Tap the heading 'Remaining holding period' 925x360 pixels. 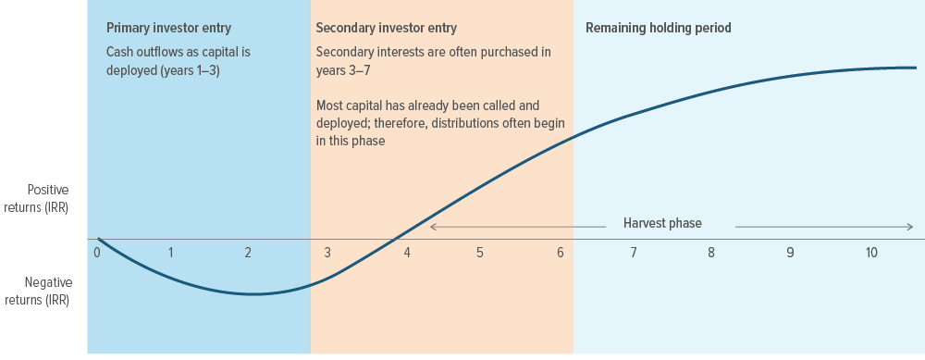click(x=659, y=28)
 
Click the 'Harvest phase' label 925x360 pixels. click(x=662, y=224)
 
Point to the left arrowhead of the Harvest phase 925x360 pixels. click(x=432, y=226)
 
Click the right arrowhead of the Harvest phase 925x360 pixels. click(x=911, y=226)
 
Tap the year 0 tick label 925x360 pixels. click(x=97, y=252)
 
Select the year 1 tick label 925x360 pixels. click(x=171, y=252)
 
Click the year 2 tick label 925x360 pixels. click(x=248, y=252)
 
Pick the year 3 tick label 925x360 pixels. click(x=327, y=252)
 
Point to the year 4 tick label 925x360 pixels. click(x=406, y=252)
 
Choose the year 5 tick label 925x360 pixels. click(x=480, y=252)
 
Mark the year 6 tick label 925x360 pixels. click(x=561, y=252)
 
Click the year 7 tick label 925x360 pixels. click(x=634, y=252)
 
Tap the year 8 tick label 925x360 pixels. click(x=711, y=252)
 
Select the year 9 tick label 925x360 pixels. click(x=790, y=252)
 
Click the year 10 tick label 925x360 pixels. click(x=871, y=252)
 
